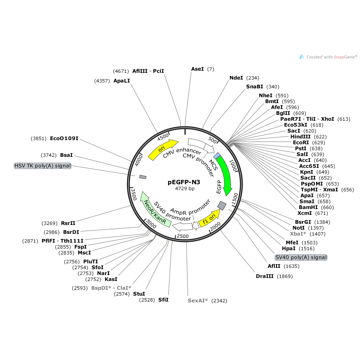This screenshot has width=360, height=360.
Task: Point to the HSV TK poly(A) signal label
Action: [43, 166]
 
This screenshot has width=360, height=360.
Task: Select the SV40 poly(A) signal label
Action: [301, 257]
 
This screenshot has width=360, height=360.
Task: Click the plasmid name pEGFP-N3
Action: [184, 182]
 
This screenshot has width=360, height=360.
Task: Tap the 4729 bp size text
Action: [185, 189]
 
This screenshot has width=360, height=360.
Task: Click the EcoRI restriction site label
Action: [301, 143]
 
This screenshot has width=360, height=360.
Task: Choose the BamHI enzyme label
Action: [308, 207]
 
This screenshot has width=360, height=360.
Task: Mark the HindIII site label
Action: [300, 137]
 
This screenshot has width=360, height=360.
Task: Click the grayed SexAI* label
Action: [198, 300]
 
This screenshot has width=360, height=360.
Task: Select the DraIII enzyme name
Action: [265, 276]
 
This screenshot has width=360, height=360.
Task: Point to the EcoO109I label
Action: [64, 138]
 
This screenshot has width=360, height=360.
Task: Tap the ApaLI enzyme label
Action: [122, 81]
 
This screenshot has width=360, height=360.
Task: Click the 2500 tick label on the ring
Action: [182, 236]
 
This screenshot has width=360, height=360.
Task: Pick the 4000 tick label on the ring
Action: [139, 161]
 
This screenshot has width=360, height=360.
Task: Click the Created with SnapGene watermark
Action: [328, 57]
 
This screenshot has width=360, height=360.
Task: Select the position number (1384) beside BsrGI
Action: [322, 222]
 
